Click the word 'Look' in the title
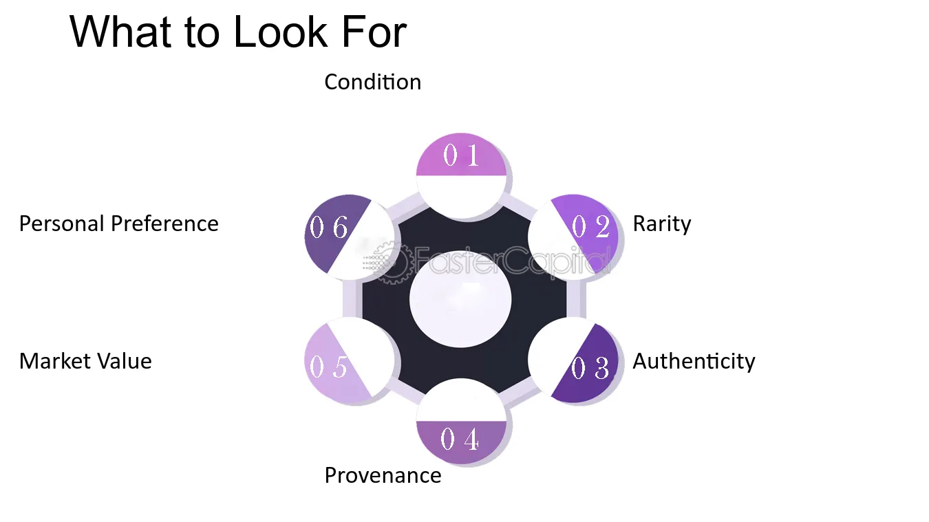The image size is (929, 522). point(280,32)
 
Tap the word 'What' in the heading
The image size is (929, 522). point(120,32)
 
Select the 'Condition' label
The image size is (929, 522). point(372,82)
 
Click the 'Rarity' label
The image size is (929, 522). point(662,225)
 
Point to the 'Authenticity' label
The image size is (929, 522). point(694,361)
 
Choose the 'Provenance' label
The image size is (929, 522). point(383,475)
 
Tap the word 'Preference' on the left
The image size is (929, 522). point(164,224)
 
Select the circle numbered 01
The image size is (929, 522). point(461,175)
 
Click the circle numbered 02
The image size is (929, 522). point(573,237)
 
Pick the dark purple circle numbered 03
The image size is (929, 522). point(573,362)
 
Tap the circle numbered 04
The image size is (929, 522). point(461,422)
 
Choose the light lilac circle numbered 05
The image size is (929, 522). point(349,362)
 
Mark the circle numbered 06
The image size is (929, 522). point(349,237)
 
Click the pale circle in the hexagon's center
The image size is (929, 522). point(460,299)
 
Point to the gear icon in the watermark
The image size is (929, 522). point(392,263)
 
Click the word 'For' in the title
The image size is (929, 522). point(374,32)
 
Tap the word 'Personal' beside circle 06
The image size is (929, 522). point(62,224)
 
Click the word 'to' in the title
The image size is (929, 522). point(202,32)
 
